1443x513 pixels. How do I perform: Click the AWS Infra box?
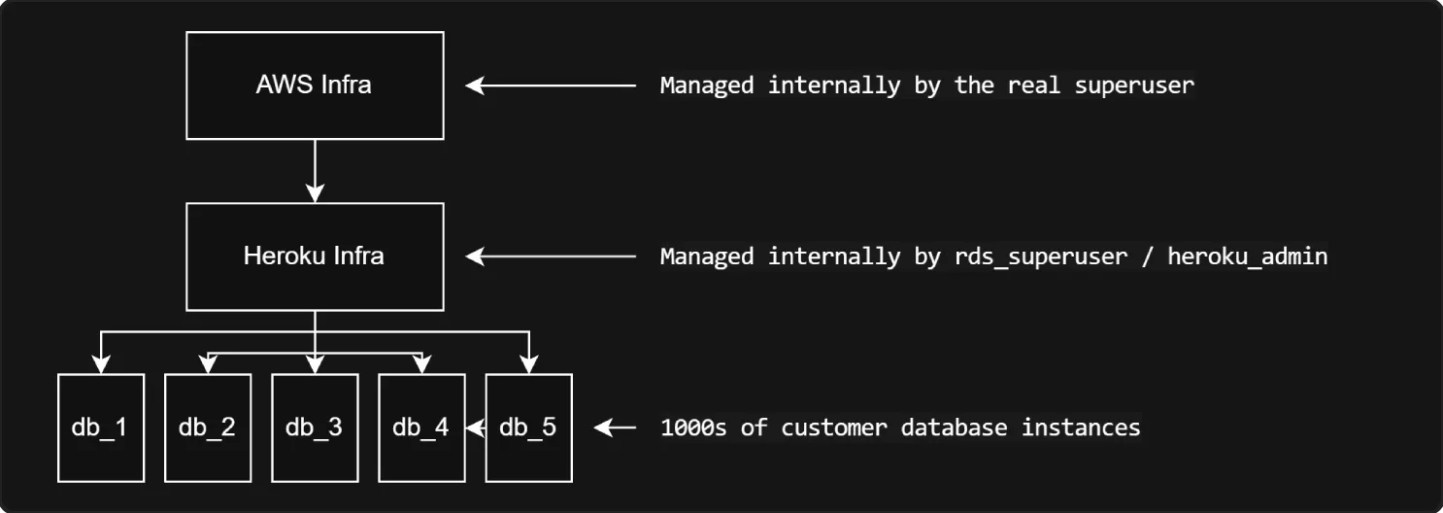click(314, 85)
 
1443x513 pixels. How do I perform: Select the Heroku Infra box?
click(314, 256)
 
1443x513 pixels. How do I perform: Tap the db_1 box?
click(100, 427)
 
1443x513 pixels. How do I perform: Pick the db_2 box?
click(207, 427)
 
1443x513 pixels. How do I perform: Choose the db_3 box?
click(314, 427)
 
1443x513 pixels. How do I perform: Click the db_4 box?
click(420, 427)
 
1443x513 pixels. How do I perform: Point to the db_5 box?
click(528, 427)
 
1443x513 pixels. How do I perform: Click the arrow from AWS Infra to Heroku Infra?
click(314, 171)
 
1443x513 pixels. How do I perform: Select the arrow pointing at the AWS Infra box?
click(550, 85)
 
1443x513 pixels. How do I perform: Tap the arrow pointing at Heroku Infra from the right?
click(550, 256)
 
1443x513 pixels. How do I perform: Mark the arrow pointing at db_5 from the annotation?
click(614, 427)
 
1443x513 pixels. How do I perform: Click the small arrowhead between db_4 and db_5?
click(475, 427)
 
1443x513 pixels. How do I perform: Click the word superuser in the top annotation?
click(1134, 85)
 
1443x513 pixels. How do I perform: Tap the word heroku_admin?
click(1247, 256)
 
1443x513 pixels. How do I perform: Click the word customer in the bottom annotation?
click(834, 427)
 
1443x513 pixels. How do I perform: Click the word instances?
click(1080, 427)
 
